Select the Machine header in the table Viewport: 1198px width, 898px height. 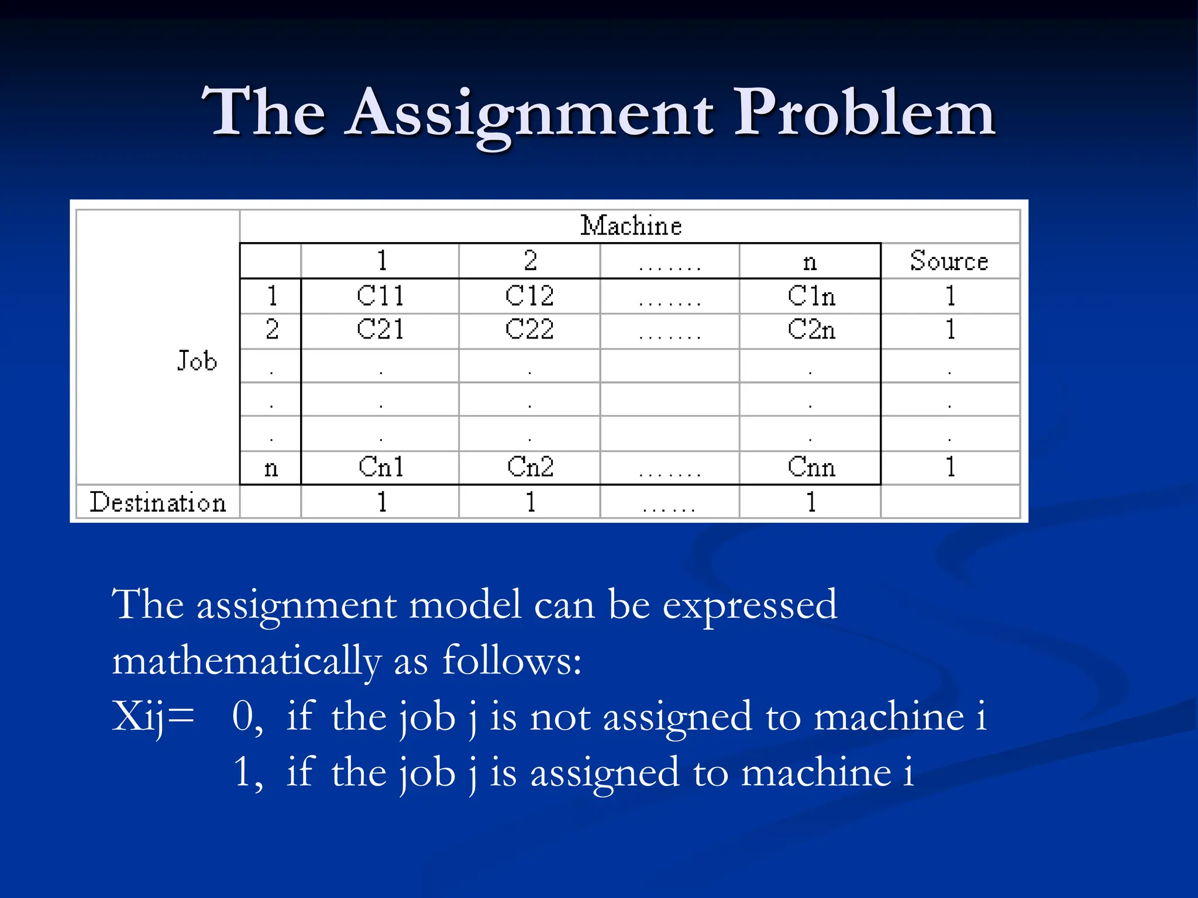pos(631,226)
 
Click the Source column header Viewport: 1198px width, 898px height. pos(949,261)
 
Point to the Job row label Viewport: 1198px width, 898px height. pos(197,361)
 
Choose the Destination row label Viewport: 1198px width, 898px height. pos(157,502)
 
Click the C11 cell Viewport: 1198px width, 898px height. pos(380,296)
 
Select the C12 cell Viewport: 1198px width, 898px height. pos(529,296)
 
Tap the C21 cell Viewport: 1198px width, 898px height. pos(380,330)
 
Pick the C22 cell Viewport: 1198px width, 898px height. pos(529,330)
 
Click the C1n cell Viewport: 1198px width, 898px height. pos(811,296)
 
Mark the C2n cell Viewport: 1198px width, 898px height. pos(811,330)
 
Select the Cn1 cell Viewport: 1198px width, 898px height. pos(381,467)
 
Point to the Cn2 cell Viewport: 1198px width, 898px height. pos(530,467)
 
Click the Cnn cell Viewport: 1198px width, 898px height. pos(811,467)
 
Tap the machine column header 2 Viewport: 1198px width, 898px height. pos(530,261)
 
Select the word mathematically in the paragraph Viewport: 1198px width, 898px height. pos(246,662)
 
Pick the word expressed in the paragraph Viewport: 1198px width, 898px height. pos(749,606)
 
